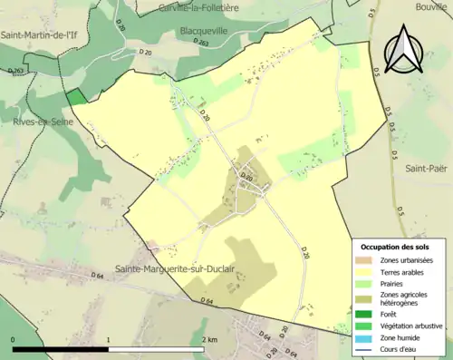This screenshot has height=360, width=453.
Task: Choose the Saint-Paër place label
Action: point(426,168)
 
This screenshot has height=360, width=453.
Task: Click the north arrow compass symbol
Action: point(402,49)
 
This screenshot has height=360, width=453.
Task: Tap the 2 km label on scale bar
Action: point(211,339)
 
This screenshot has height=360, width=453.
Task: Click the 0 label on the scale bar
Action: point(14,339)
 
